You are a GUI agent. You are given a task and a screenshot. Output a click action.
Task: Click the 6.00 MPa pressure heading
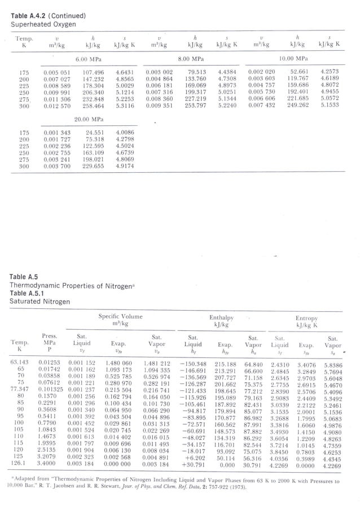[86, 58]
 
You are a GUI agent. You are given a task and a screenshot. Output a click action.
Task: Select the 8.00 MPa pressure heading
[190, 58]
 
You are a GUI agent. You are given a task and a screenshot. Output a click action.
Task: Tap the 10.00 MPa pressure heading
[293, 58]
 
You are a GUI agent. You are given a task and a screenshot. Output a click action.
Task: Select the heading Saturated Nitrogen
[39, 302]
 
